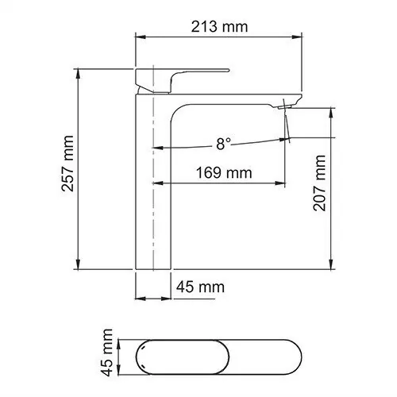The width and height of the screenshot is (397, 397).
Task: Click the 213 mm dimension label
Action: click(x=219, y=26)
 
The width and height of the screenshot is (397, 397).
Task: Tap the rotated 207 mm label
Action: click(x=320, y=183)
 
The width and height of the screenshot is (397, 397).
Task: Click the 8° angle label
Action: click(x=223, y=143)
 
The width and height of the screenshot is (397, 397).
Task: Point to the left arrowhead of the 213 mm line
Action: click(x=141, y=37)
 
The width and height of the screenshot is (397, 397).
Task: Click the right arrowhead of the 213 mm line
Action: click(x=302, y=37)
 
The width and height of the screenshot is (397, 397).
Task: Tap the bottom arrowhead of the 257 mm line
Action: click(x=79, y=266)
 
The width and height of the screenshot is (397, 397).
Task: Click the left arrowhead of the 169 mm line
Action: click(x=157, y=183)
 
